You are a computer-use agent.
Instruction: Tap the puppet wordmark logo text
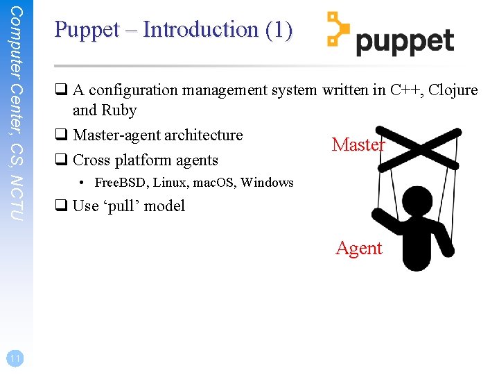[405, 42]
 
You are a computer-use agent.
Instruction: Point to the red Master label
[358, 144]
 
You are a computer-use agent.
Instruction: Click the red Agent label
[359, 249]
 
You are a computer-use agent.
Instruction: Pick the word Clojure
[454, 90]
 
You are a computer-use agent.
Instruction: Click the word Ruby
[119, 110]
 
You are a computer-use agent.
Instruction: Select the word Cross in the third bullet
[91, 160]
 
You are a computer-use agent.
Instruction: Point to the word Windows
[267, 183]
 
